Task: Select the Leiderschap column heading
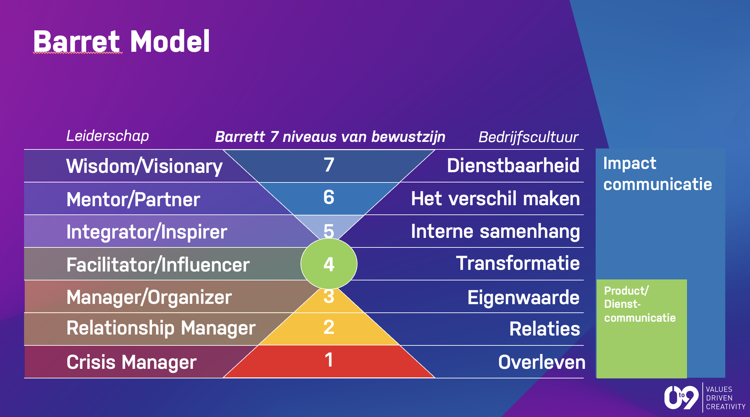(x=108, y=136)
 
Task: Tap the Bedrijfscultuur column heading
(x=528, y=137)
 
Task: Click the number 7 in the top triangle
(x=329, y=165)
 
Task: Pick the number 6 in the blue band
(x=329, y=197)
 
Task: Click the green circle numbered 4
(x=329, y=264)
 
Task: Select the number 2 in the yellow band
(x=329, y=327)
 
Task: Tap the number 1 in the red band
(x=329, y=360)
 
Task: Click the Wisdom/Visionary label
(x=144, y=166)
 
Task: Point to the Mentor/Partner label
(x=133, y=199)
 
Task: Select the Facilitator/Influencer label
(x=158, y=265)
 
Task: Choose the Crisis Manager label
(x=132, y=362)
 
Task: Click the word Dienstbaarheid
(x=513, y=165)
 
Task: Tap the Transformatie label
(x=518, y=263)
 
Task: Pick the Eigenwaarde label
(x=523, y=298)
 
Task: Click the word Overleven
(x=542, y=362)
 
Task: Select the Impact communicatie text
(x=658, y=174)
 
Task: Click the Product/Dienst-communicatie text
(x=640, y=304)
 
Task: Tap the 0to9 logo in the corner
(x=681, y=397)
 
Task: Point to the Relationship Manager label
(x=161, y=328)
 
